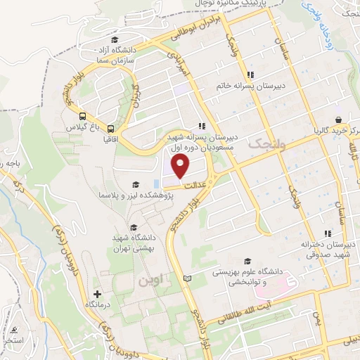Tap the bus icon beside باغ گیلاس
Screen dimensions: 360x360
pos(83,117)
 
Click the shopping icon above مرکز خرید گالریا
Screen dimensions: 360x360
pos(339,120)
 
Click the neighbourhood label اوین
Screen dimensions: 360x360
pos(150,281)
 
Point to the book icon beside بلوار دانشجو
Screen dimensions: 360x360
pos(186,278)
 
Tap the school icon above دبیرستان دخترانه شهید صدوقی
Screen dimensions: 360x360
pos(327,233)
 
